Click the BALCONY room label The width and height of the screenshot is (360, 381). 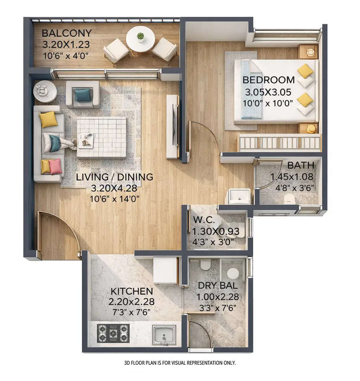tap(66, 33)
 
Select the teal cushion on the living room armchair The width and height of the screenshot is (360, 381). tap(83, 95)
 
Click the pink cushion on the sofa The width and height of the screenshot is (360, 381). tap(55, 166)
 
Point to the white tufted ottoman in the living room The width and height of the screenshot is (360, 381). tap(102, 137)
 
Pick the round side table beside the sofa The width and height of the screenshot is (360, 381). tap(45, 91)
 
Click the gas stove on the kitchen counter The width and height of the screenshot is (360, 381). tap(113, 333)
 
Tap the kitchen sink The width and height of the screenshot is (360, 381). tap(164, 335)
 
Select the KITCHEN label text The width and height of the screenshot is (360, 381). tap(132, 291)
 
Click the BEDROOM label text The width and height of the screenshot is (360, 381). tap(269, 80)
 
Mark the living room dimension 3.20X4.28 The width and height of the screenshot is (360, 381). tap(114, 188)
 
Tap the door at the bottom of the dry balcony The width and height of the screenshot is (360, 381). tap(200, 335)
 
